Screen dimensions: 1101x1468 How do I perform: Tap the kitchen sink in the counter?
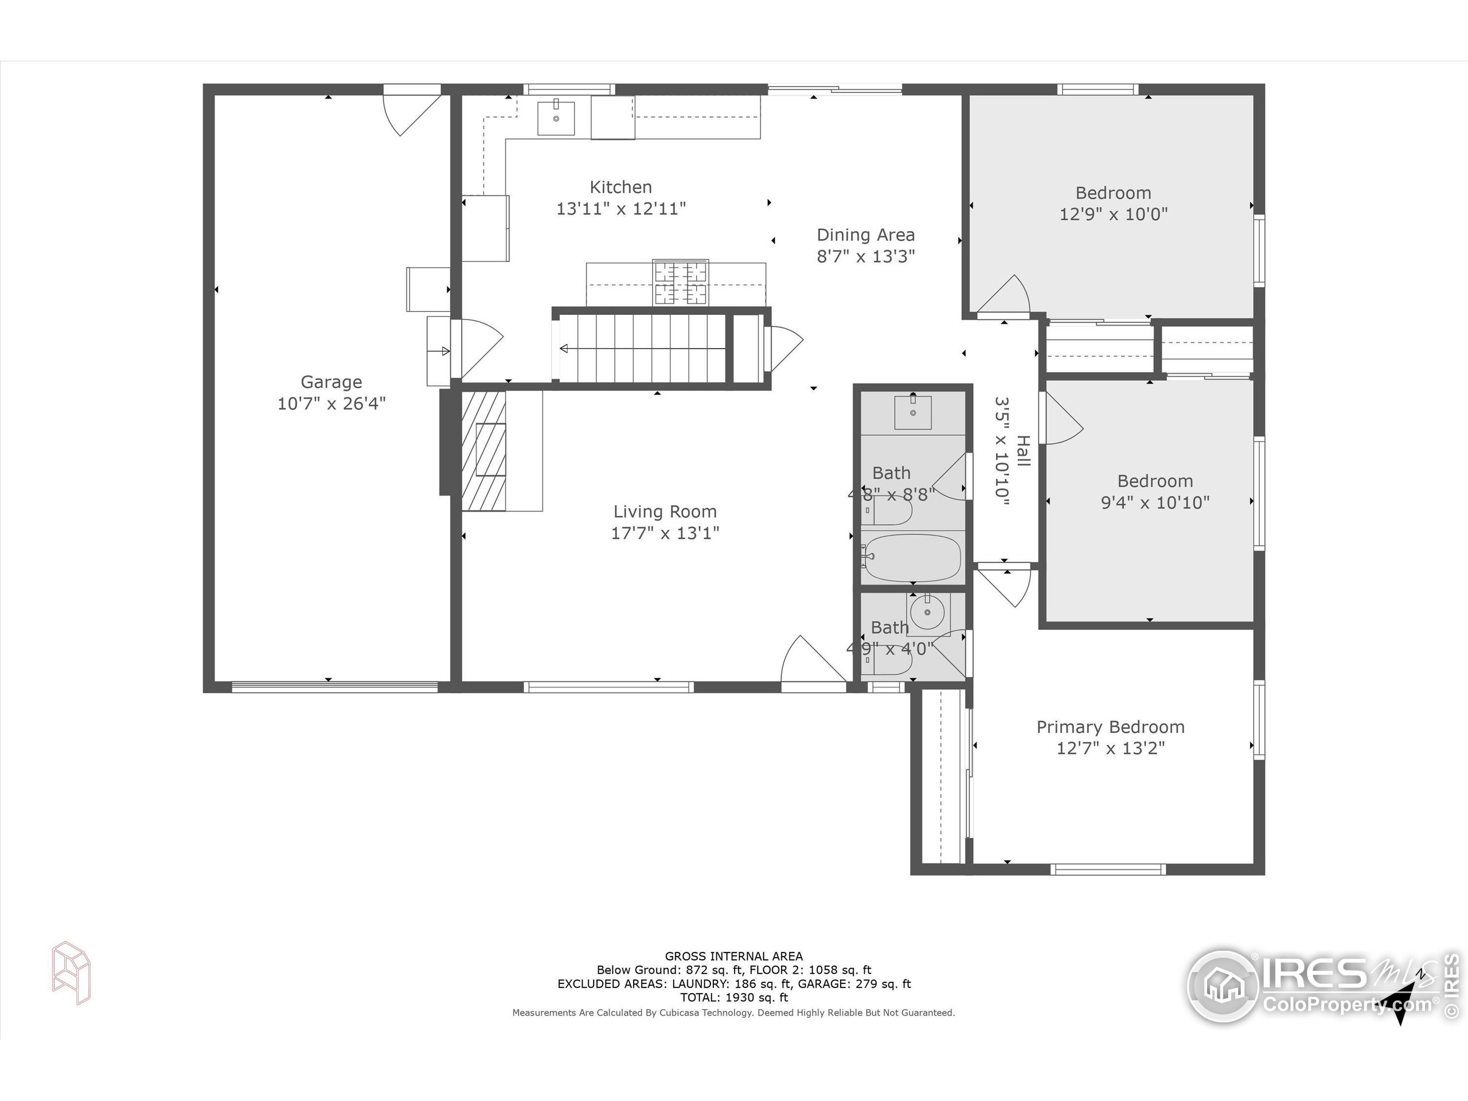[556, 118]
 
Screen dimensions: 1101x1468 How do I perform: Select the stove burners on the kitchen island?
[680, 282]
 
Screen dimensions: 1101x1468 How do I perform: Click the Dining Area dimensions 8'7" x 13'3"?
[865, 256]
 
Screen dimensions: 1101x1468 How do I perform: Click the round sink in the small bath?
[927, 612]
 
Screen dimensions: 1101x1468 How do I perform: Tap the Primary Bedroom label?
[1110, 727]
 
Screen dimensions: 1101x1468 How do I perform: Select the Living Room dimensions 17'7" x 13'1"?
[665, 533]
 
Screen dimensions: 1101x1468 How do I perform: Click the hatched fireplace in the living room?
[483, 451]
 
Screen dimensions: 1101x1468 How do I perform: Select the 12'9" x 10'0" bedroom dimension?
[1113, 214]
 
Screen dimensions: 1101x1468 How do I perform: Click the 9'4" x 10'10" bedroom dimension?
[1155, 502]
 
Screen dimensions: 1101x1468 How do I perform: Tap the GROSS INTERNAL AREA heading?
[733, 956]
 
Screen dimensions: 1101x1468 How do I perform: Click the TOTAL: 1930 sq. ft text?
[733, 997]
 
